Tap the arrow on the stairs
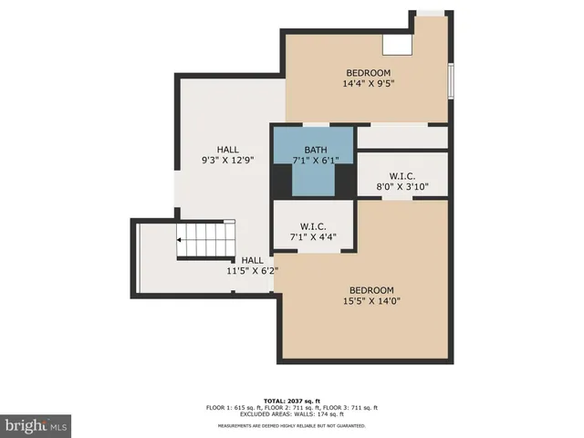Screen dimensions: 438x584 [182, 241]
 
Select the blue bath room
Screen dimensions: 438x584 [313, 172]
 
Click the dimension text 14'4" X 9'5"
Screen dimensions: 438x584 [368, 85]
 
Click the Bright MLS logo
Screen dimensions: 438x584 [36, 425]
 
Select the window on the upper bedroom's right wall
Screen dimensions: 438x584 [450, 80]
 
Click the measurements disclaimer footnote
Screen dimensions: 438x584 [292, 425]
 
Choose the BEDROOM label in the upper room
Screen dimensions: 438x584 [368, 73]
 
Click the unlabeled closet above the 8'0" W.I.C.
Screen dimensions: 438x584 [402, 138]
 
